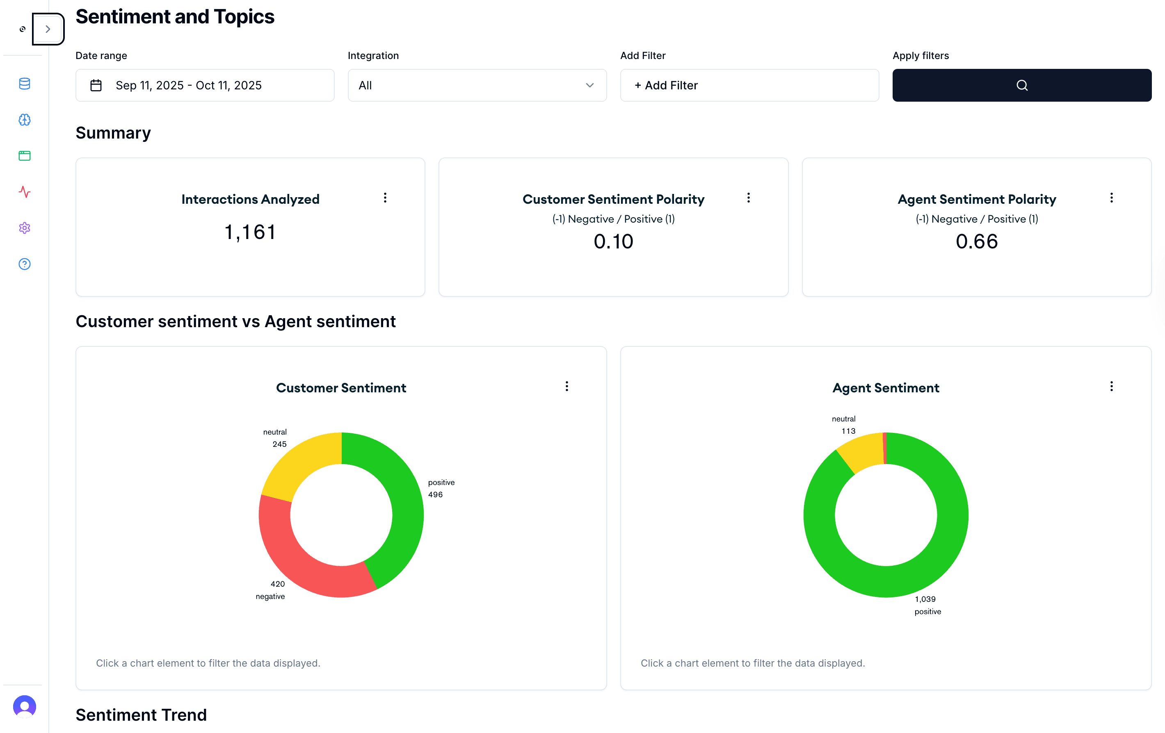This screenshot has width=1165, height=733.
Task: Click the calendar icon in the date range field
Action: tap(96, 86)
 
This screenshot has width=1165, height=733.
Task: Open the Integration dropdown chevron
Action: tap(589, 86)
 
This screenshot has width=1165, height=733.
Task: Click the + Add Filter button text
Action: tap(666, 86)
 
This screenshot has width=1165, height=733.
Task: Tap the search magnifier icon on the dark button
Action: tap(1022, 86)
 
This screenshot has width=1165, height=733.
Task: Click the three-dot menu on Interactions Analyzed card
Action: tap(385, 198)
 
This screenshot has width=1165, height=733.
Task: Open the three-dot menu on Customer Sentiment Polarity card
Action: tap(749, 198)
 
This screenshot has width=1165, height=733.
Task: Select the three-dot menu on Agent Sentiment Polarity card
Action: tap(1111, 198)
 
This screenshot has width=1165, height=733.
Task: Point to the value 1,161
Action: tap(250, 232)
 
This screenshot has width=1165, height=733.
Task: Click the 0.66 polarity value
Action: tap(976, 241)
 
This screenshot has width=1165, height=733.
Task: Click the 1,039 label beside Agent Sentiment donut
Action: tap(925, 599)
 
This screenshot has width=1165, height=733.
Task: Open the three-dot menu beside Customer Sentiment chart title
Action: tap(567, 386)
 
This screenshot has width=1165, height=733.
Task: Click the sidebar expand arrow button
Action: tap(48, 29)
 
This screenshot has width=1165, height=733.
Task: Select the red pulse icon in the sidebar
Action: tap(25, 192)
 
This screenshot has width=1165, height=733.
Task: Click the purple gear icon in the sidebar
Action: tap(25, 228)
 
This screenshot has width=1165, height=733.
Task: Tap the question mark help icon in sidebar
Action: tap(25, 264)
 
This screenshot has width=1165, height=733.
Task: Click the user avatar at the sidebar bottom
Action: tap(25, 706)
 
